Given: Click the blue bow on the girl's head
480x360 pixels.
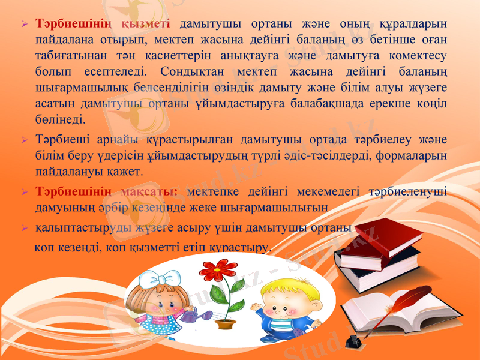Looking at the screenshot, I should pos(160,278).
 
